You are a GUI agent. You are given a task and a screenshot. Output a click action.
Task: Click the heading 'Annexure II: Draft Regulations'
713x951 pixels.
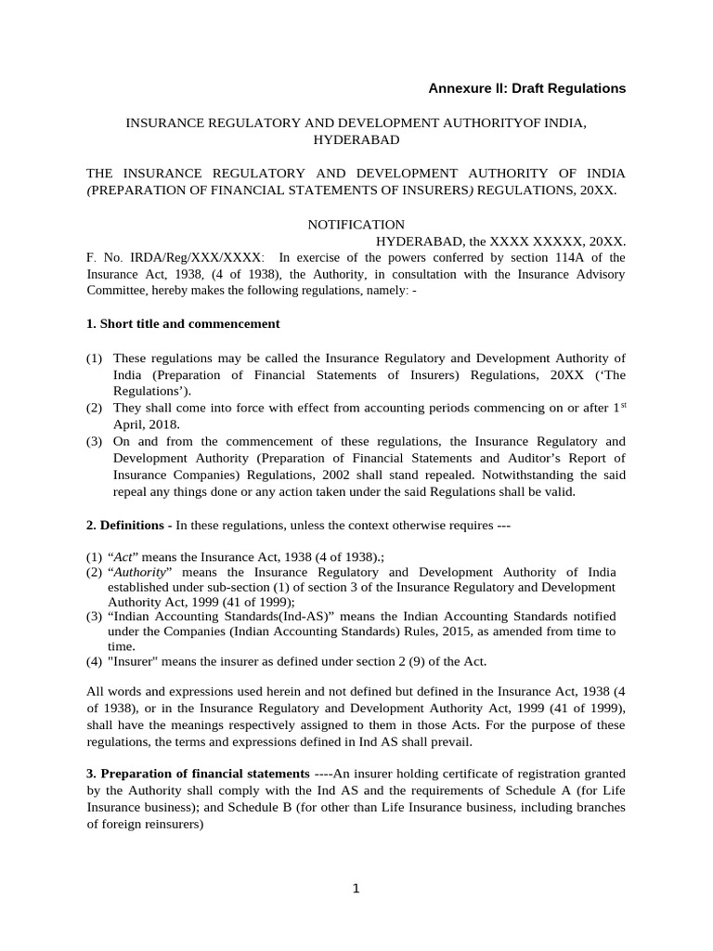526,88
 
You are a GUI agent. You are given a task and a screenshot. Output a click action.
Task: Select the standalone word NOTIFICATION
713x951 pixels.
356,224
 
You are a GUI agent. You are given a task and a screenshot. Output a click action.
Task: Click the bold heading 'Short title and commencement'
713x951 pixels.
189,324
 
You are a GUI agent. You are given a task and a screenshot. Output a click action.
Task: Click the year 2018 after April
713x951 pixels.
162,424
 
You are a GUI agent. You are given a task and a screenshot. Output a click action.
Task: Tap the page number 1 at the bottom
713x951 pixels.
356,889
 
